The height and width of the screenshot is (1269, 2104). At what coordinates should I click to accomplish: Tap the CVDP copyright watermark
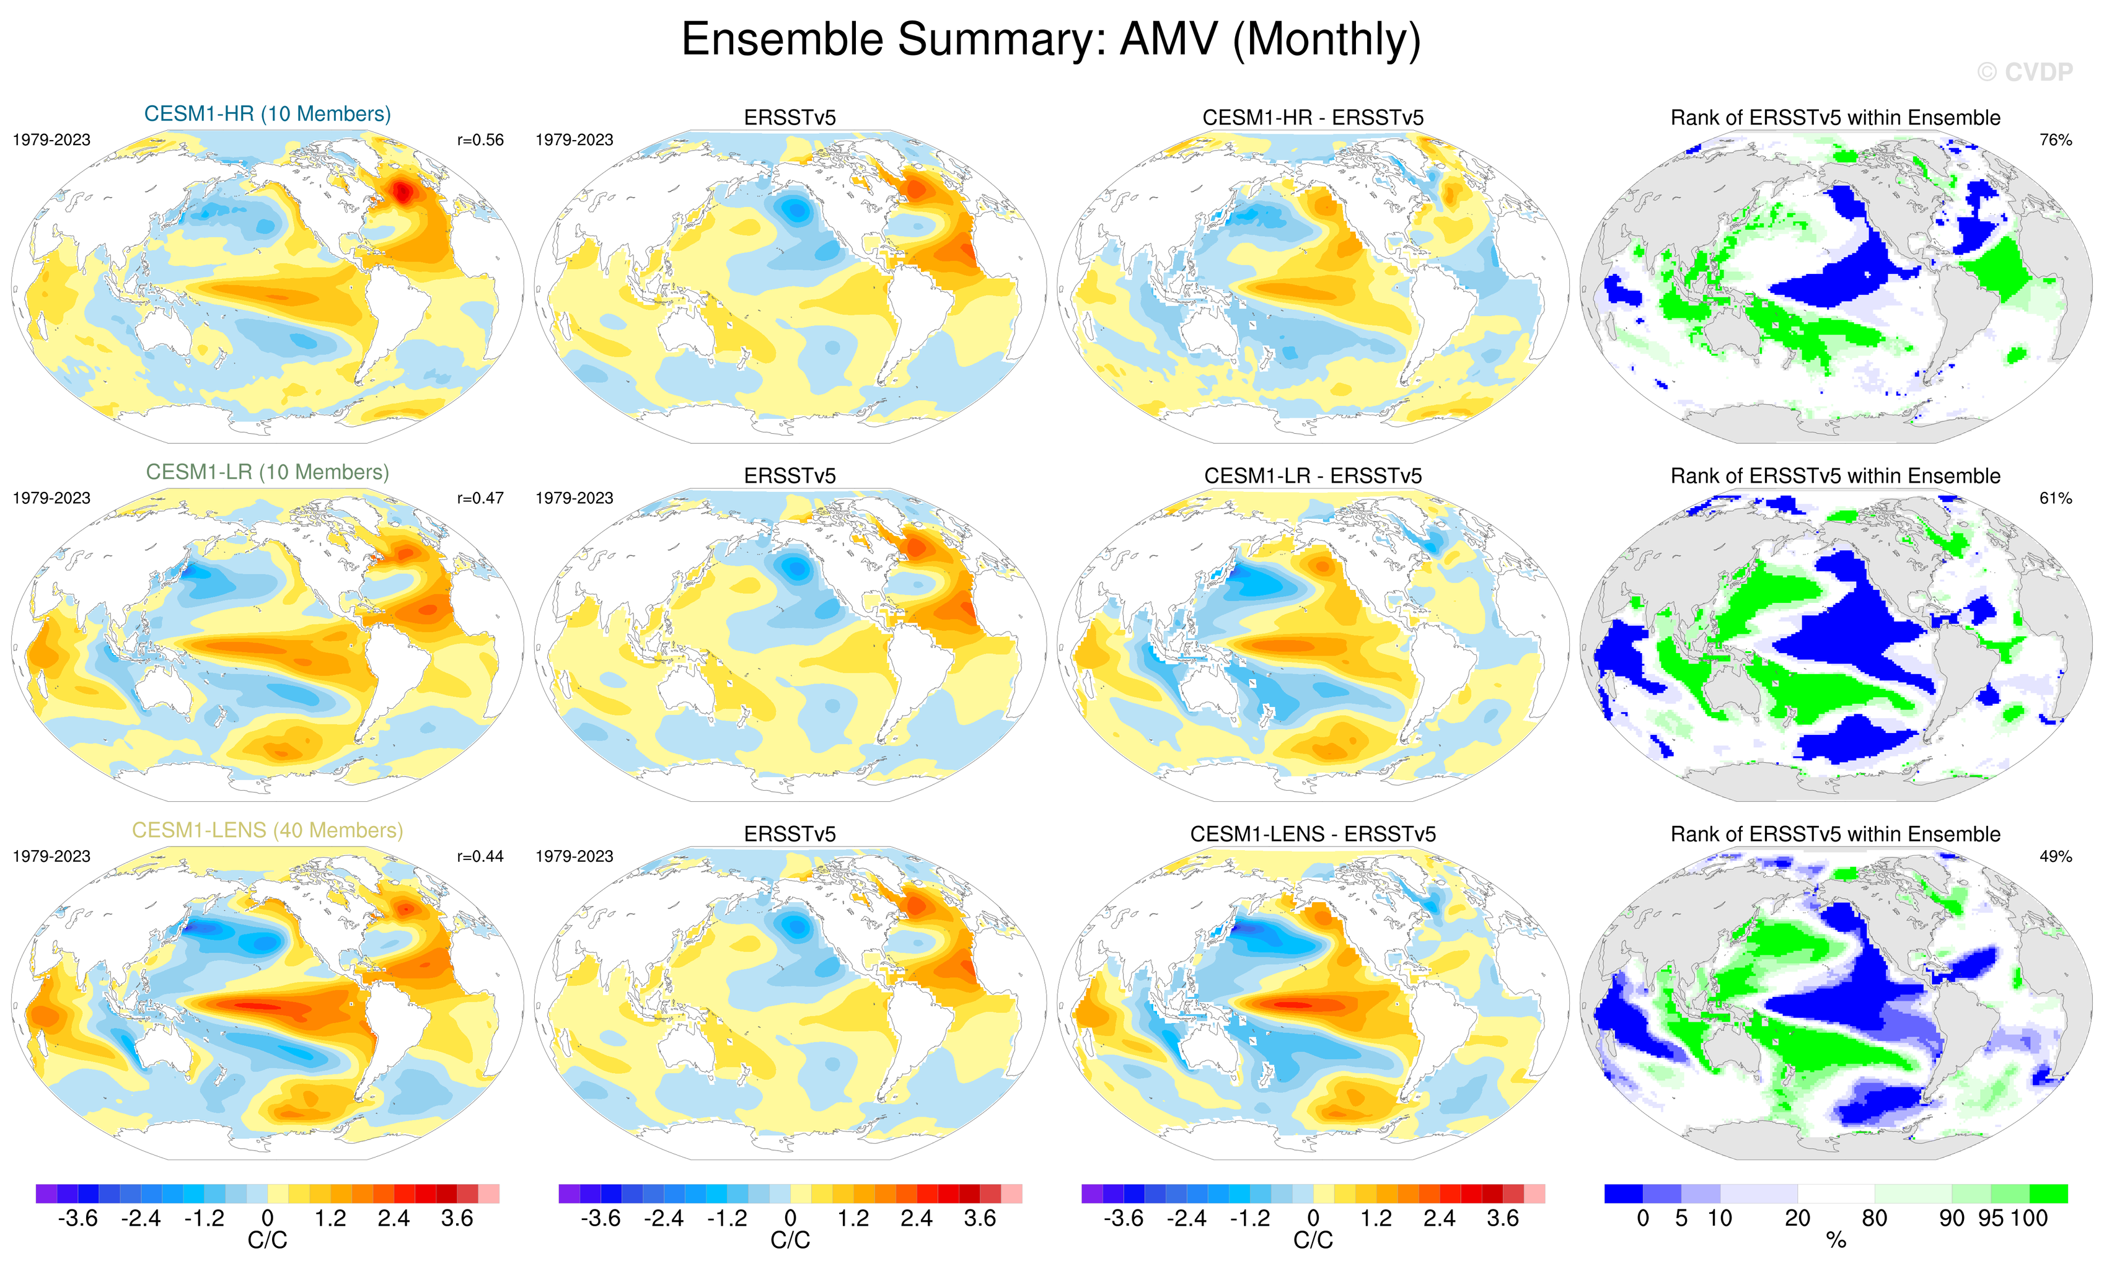(2023, 72)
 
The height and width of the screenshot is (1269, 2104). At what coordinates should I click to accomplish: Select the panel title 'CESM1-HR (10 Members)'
(267, 113)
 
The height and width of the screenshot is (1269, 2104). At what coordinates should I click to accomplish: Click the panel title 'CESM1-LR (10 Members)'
(267, 472)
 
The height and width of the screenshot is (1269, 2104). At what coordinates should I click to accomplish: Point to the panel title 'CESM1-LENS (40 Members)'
(267, 830)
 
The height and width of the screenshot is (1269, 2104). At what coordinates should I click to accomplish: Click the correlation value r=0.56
(480, 140)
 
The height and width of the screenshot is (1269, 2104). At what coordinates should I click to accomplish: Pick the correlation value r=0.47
(480, 498)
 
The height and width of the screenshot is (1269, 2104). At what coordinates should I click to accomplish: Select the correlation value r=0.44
(480, 856)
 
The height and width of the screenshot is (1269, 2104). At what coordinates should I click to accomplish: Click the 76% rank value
(2055, 140)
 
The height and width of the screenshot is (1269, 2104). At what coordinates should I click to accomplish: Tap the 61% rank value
(2055, 498)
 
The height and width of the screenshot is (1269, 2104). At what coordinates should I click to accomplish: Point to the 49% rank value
(2055, 856)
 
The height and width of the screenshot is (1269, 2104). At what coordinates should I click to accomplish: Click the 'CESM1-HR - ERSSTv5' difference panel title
(1313, 118)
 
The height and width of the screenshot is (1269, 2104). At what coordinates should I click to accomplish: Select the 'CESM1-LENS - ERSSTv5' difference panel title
(1313, 834)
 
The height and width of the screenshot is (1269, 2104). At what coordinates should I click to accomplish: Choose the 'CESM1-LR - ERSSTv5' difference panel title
(1313, 476)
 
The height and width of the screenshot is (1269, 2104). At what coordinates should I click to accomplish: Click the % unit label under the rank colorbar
(1836, 1241)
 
